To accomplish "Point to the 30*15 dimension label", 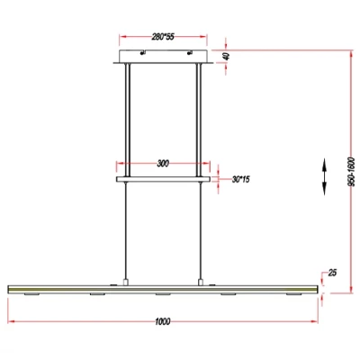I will pos(240,179).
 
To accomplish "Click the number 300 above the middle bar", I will pos(162,164).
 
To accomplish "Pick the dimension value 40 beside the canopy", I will pos(227,55).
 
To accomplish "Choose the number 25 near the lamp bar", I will pos(333,272).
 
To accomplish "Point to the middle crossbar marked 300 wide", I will pos(162,179).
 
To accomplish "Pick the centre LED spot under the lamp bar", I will pos(162,294).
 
